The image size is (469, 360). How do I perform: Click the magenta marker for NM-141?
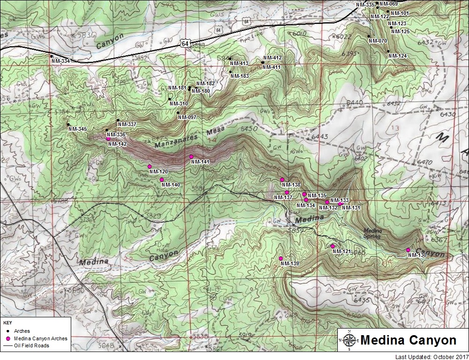191,157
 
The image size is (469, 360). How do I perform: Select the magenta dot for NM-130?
408,250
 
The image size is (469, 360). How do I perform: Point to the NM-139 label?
290,264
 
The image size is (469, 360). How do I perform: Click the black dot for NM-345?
68,124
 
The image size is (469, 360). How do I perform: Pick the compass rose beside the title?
349,340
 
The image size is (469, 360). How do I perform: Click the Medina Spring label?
372,233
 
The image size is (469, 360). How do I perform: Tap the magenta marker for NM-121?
333,246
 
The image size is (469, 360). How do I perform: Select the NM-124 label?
397,56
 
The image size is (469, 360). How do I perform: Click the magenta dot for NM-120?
149,166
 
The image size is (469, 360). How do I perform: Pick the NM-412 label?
272,58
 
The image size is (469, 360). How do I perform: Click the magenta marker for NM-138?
282,180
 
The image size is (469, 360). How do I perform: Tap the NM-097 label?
187,117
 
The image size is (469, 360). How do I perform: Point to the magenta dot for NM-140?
162,180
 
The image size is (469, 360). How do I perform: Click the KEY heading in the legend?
7,323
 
